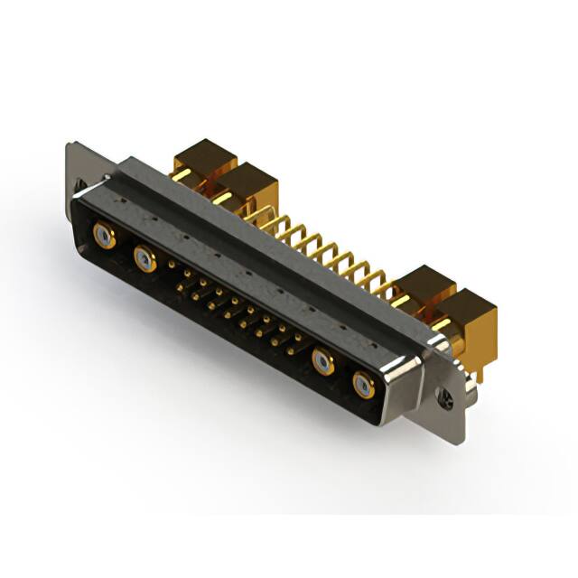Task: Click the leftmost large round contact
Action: tap(105, 238)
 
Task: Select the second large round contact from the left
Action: tap(144, 260)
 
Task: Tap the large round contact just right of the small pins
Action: tap(323, 362)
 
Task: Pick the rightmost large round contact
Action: tap(363, 386)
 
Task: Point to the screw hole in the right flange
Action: tap(444, 395)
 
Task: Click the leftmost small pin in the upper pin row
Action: tap(172, 266)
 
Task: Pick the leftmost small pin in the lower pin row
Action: tap(180, 287)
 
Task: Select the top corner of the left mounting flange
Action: tap(70, 144)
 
